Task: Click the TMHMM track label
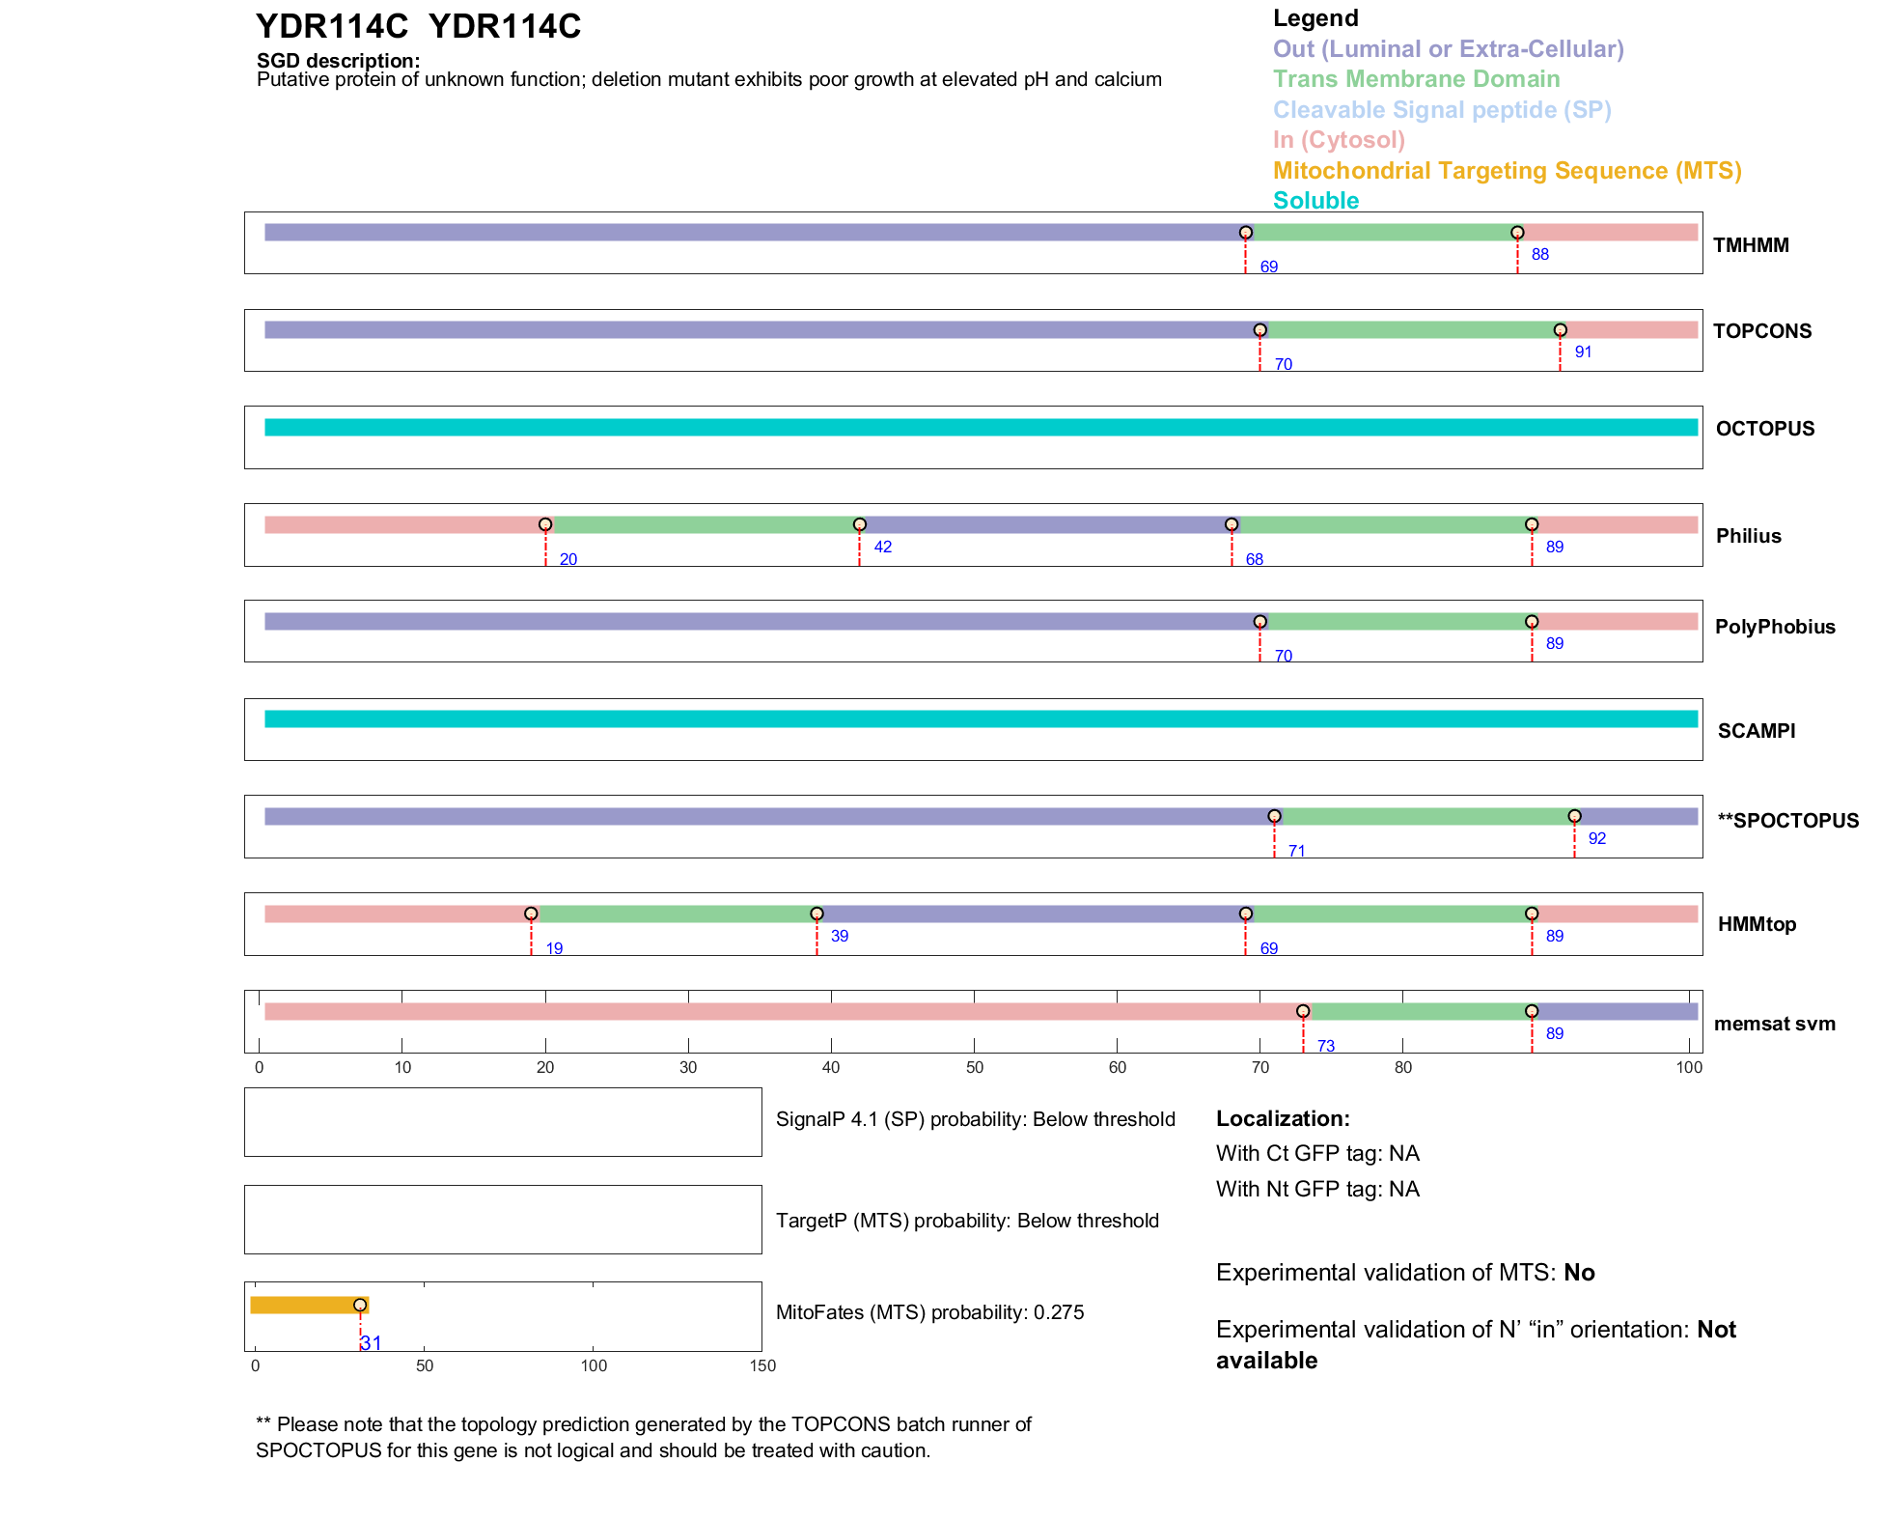tap(1750, 245)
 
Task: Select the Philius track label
tap(1748, 536)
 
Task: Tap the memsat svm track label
tap(1774, 1024)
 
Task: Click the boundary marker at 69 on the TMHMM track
tap(1245, 233)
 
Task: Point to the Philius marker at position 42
tap(859, 524)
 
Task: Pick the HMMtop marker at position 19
tap(531, 914)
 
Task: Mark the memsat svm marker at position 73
tap(1303, 1011)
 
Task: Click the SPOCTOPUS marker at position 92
tap(1574, 816)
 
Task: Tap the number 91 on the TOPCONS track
tap(1583, 352)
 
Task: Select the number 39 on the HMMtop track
tap(840, 936)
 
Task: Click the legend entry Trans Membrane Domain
tap(1416, 79)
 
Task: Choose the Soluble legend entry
tap(1315, 201)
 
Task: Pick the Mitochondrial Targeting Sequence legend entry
tap(1507, 171)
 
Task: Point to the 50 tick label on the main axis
tap(974, 1067)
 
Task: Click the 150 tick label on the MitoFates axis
tap(762, 1365)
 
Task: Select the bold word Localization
tap(1282, 1118)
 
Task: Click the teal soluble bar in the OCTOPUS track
tap(981, 428)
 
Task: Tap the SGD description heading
tap(338, 61)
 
